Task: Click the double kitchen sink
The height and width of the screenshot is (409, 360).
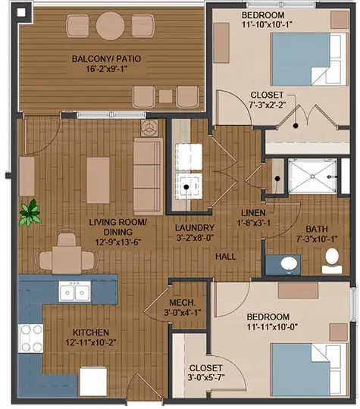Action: click(x=76, y=292)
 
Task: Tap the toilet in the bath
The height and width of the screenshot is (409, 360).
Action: click(x=331, y=261)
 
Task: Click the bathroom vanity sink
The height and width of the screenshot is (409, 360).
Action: click(x=288, y=264)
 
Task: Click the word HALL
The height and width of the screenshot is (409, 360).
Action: click(x=224, y=257)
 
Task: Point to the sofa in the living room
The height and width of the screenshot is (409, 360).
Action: click(x=148, y=176)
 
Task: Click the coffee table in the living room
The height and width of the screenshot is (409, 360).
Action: click(x=95, y=176)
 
